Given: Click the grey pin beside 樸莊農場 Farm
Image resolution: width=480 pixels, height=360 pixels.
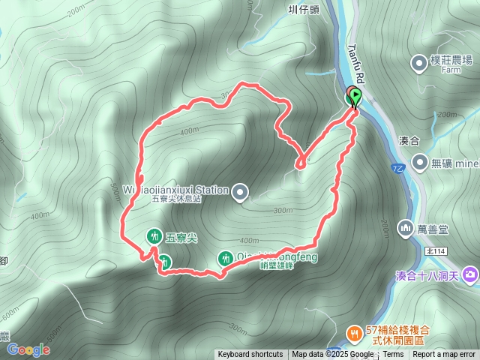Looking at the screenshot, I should pyautogui.click(x=418, y=61).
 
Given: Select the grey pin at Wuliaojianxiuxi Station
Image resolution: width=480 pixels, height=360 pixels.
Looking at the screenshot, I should pyautogui.click(x=240, y=193).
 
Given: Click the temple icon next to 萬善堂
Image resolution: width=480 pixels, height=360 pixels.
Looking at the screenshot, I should pyautogui.click(x=406, y=226).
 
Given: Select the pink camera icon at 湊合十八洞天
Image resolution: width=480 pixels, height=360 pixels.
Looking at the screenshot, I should pyautogui.click(x=469, y=274).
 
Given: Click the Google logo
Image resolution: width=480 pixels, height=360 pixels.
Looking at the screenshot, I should pyautogui.click(x=28, y=349).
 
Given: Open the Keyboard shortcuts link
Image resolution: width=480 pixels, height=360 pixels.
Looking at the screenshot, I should pyautogui.click(x=250, y=355).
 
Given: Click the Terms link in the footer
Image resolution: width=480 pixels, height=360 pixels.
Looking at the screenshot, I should pyautogui.click(x=393, y=355).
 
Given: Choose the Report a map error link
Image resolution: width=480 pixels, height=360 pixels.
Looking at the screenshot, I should pyautogui.click(x=445, y=355).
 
